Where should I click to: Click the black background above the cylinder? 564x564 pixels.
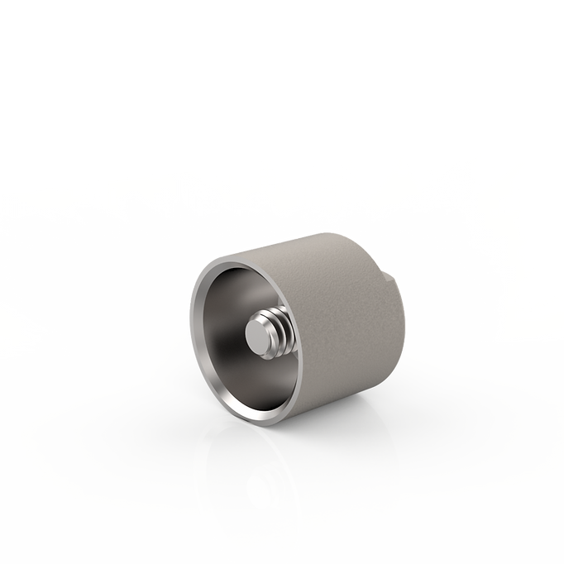(281, 83)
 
